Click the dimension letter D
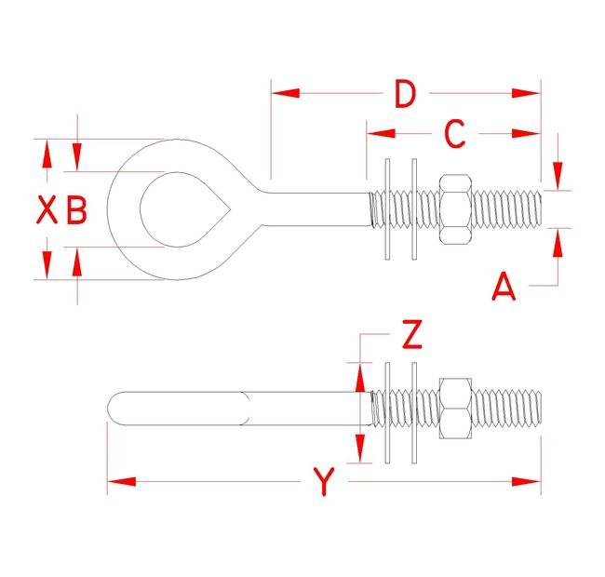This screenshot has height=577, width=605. pyautogui.click(x=404, y=94)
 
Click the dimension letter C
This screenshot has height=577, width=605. pyautogui.click(x=453, y=134)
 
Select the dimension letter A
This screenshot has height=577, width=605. pyautogui.click(x=504, y=287)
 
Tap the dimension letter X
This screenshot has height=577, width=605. pyautogui.click(x=47, y=210)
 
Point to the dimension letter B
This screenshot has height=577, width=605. pyautogui.click(x=76, y=210)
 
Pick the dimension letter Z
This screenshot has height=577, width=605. pyautogui.click(x=410, y=334)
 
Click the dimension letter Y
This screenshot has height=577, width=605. pyautogui.click(x=323, y=482)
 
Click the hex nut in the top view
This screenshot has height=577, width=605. pyautogui.click(x=454, y=209)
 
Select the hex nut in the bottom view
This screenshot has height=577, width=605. pyautogui.click(x=454, y=408)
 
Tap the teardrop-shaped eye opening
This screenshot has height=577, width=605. pyautogui.click(x=177, y=209)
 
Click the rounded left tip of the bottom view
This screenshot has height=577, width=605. pyautogui.click(x=114, y=408)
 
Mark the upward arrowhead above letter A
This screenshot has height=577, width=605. pyautogui.click(x=558, y=240)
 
